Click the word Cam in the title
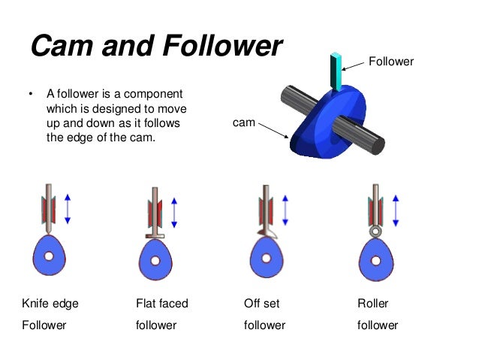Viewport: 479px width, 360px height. pos(59,47)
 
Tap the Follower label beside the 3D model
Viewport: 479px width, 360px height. pos(390,62)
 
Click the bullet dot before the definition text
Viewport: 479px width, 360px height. pos(31,95)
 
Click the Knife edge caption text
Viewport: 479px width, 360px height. pos(51,304)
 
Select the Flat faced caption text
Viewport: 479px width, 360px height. pos(161,304)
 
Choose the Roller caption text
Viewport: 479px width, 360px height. pos(373,304)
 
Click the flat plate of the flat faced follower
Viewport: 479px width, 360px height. pos(154,236)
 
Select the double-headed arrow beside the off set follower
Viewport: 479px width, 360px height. pos(285,209)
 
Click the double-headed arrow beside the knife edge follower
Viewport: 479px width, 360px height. pos(68,207)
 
